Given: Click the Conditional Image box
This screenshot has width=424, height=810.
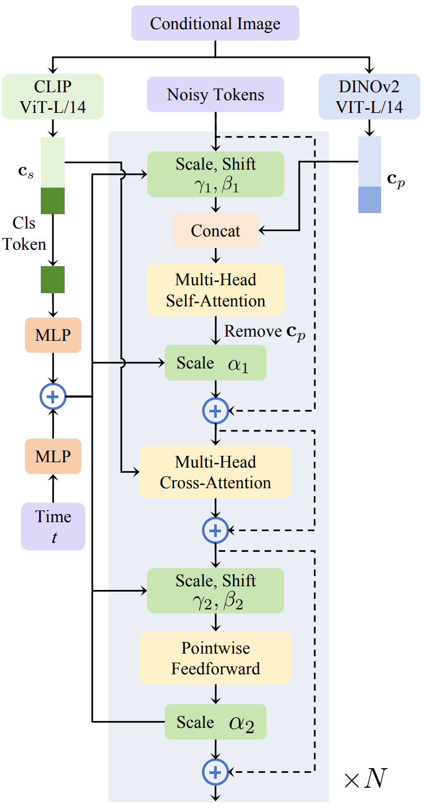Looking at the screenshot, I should (x=215, y=23).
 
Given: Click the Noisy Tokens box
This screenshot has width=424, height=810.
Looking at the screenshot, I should (x=215, y=95).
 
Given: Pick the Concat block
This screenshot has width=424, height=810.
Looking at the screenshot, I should (x=215, y=231).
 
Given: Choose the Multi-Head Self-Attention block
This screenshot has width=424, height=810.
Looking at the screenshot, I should (x=215, y=290).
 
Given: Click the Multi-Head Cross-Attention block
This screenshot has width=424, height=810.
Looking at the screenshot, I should (x=215, y=472).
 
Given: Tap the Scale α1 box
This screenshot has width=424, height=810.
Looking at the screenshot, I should (x=215, y=363).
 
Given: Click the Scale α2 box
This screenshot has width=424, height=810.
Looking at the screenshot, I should (x=215, y=721).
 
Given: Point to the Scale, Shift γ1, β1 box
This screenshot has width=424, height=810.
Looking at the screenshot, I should (x=215, y=174).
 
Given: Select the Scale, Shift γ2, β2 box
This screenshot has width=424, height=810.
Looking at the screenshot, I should (x=215, y=591).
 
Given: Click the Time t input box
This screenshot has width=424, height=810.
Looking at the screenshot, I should (x=53, y=526).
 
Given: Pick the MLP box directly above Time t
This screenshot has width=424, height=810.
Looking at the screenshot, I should (x=53, y=456).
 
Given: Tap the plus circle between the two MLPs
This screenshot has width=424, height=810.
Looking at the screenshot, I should (x=52, y=395).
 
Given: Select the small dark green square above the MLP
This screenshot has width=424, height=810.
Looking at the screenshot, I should (x=52, y=279).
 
